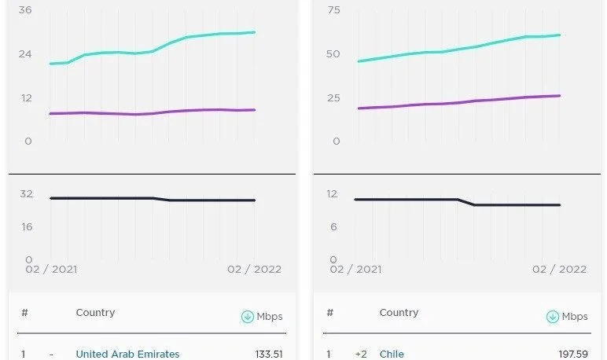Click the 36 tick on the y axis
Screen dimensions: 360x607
point(25,10)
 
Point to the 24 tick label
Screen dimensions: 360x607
point(25,53)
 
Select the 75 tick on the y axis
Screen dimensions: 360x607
point(333,10)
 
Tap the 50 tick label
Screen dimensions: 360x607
point(333,53)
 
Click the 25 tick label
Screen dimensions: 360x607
point(333,97)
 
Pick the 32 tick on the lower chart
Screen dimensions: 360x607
point(26,193)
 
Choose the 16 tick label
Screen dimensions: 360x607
point(26,227)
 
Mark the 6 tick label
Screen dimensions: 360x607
point(333,227)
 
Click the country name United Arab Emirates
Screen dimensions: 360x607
point(127,354)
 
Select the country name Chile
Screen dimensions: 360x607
point(392,354)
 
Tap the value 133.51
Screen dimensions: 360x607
point(269,354)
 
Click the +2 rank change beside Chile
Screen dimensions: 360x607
point(361,354)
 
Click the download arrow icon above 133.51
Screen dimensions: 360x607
point(248,317)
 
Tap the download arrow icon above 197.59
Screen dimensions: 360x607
point(553,317)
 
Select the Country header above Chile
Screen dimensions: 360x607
point(399,313)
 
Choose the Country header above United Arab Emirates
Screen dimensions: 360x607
point(95,313)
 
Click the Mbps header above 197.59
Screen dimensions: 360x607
point(575,317)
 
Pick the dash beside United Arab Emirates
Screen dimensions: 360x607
point(51,354)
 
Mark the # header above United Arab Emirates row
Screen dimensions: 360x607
point(25,313)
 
